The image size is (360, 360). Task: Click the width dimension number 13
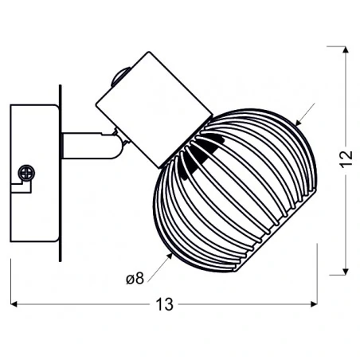pos(164,304)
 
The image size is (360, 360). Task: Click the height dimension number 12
pos(346,159)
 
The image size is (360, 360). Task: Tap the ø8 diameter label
pos(135,279)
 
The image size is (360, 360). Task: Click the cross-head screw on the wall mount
pos(26,173)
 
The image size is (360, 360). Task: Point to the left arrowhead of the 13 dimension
pos(14,304)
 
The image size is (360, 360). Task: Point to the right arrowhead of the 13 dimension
pos(314,304)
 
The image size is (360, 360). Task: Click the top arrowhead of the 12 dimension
pos(345,50)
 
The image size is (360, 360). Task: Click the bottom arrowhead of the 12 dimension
pos(345,272)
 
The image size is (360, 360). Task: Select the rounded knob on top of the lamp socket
pos(120,76)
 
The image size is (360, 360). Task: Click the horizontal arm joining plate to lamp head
pos(89,146)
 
